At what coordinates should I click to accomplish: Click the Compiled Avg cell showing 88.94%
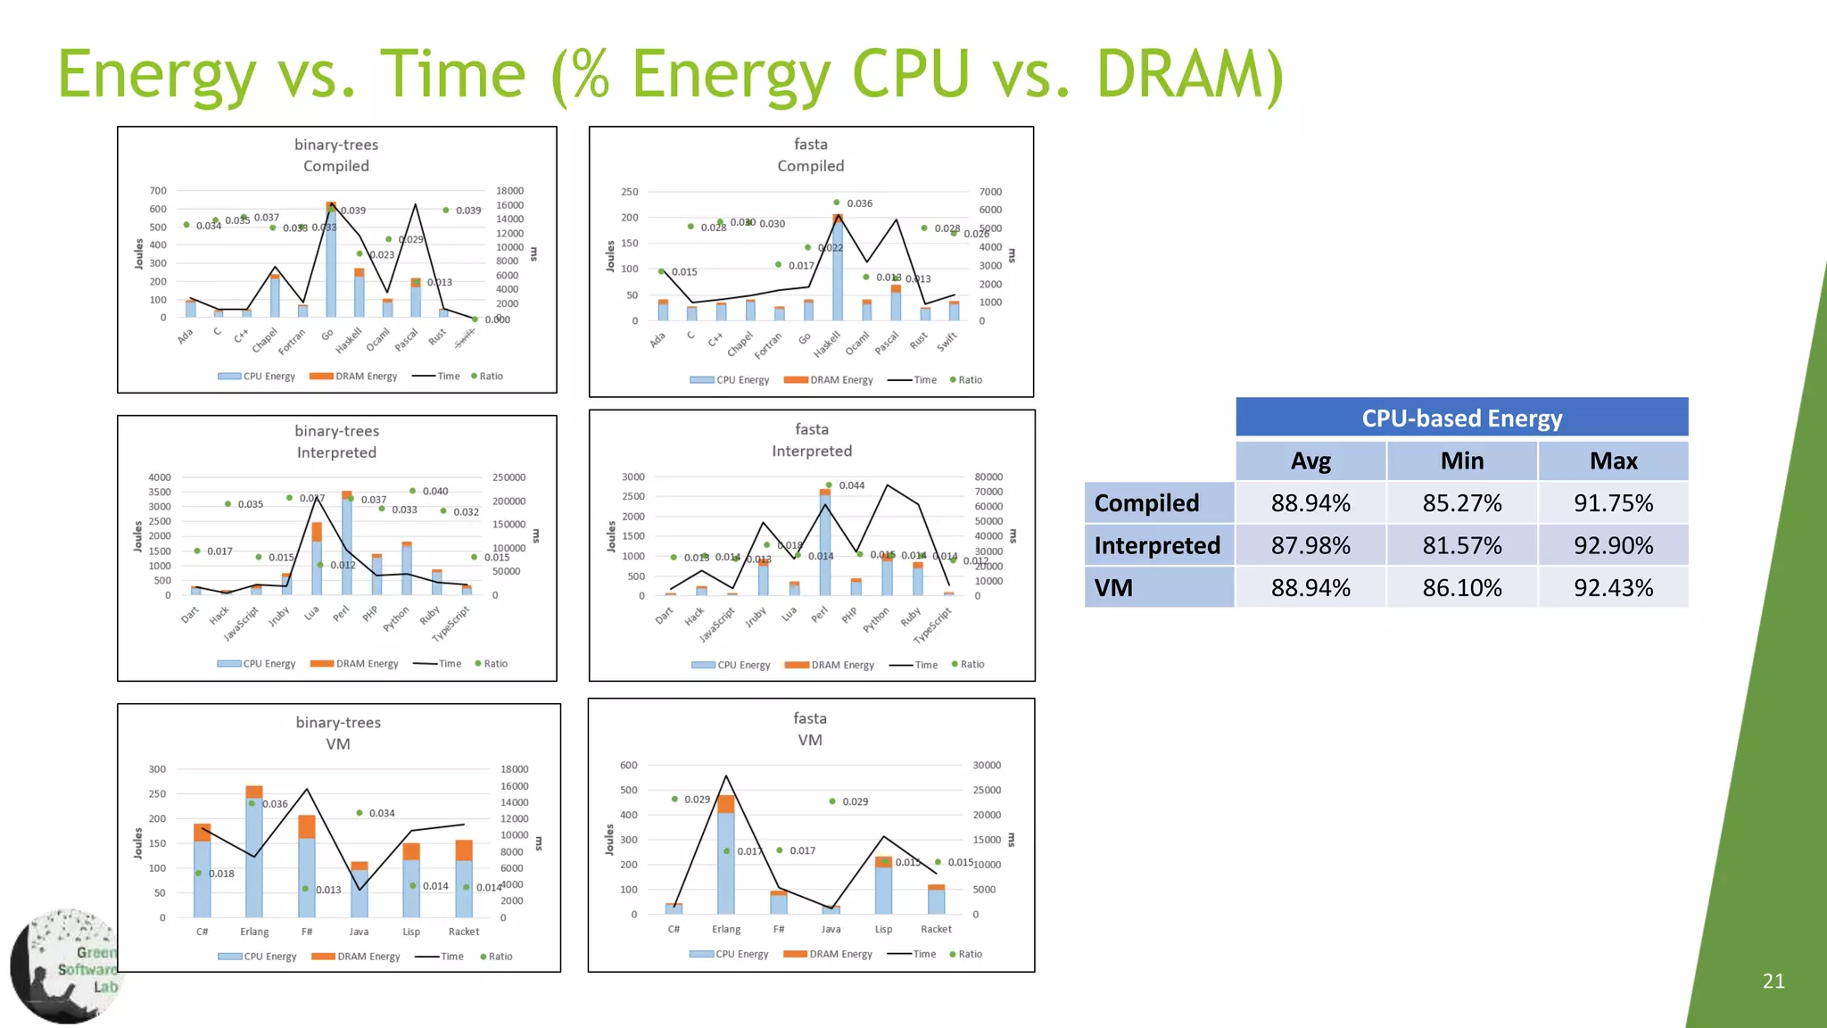click(x=1310, y=503)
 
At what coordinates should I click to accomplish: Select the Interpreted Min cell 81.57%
click(x=1461, y=545)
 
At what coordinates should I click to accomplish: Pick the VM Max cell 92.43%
click(x=1613, y=588)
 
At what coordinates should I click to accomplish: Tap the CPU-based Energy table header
click(x=1461, y=418)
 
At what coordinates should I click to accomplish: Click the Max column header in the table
click(x=1613, y=461)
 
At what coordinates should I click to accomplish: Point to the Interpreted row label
click(x=1157, y=545)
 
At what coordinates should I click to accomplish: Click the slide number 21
click(x=1773, y=982)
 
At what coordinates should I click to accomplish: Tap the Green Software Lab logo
click(x=67, y=966)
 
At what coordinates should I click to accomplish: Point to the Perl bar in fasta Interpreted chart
click(x=825, y=544)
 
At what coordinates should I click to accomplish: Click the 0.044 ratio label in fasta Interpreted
click(x=851, y=485)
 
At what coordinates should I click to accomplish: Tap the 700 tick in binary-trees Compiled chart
click(x=158, y=191)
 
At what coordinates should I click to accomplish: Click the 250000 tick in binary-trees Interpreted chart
click(x=508, y=477)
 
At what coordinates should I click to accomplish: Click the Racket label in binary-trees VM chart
click(x=464, y=932)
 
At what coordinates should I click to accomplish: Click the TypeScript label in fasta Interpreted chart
click(x=933, y=625)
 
